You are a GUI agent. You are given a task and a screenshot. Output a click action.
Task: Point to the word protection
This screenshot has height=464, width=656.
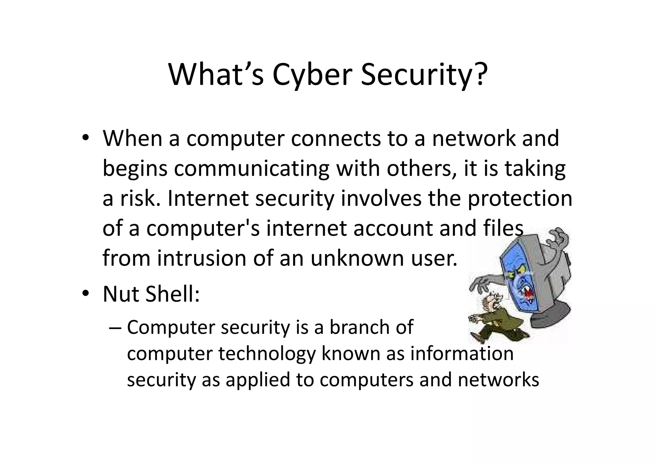click(520, 198)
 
